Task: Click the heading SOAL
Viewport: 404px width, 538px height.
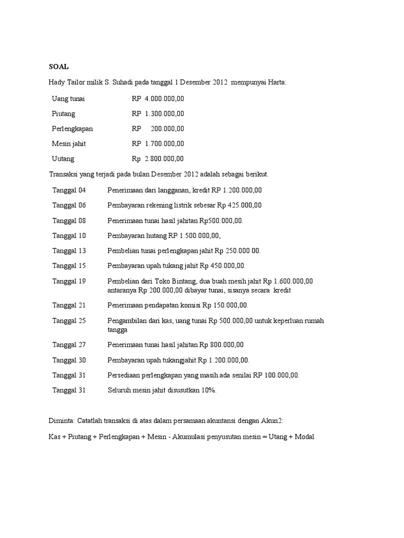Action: [58, 67]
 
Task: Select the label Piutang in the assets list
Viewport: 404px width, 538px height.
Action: [64, 113]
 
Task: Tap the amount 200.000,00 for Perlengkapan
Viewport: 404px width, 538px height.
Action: [167, 129]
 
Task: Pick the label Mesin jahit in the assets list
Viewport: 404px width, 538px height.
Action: [69, 143]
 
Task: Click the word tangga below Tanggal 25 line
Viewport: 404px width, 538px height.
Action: [117, 330]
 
